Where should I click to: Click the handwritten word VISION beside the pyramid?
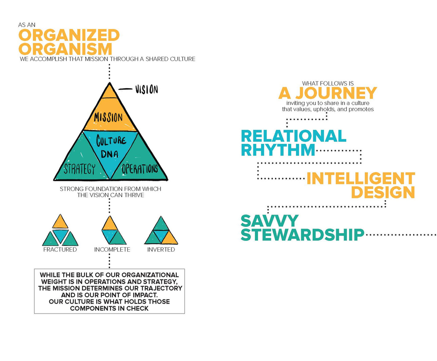(x=146, y=89)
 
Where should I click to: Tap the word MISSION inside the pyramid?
(x=108, y=117)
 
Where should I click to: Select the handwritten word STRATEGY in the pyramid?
(x=80, y=169)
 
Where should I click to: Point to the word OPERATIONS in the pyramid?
(x=140, y=169)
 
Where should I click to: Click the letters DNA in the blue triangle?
(x=110, y=154)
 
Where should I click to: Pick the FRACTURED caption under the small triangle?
(x=60, y=250)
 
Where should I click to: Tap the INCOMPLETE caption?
(x=112, y=250)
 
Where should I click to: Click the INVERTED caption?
(x=161, y=250)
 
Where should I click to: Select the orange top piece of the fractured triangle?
(x=60, y=223)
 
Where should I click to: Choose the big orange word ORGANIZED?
(x=69, y=35)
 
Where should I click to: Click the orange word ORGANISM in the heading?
(x=66, y=49)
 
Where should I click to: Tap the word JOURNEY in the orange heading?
(x=336, y=93)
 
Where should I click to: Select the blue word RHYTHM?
(x=278, y=150)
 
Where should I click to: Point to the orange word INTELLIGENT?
(x=361, y=178)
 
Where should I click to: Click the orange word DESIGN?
(x=383, y=192)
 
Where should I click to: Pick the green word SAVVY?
(x=270, y=221)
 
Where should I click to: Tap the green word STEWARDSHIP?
(x=303, y=235)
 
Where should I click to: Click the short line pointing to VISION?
(x=125, y=89)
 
